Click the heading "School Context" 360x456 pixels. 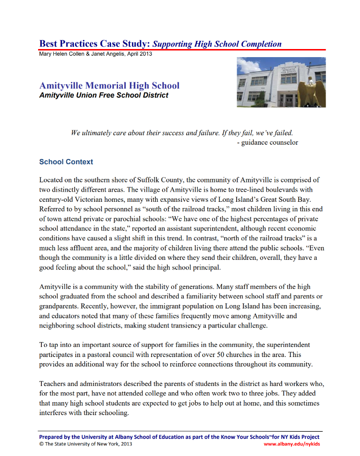66,162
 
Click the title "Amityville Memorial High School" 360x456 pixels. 110,86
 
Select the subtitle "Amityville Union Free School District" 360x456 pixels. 104,95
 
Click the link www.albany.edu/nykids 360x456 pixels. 291,444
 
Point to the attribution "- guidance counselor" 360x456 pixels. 267,142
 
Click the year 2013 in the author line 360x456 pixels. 145,54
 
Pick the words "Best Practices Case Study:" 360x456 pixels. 95,44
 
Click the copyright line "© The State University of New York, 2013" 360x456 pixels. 86,444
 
